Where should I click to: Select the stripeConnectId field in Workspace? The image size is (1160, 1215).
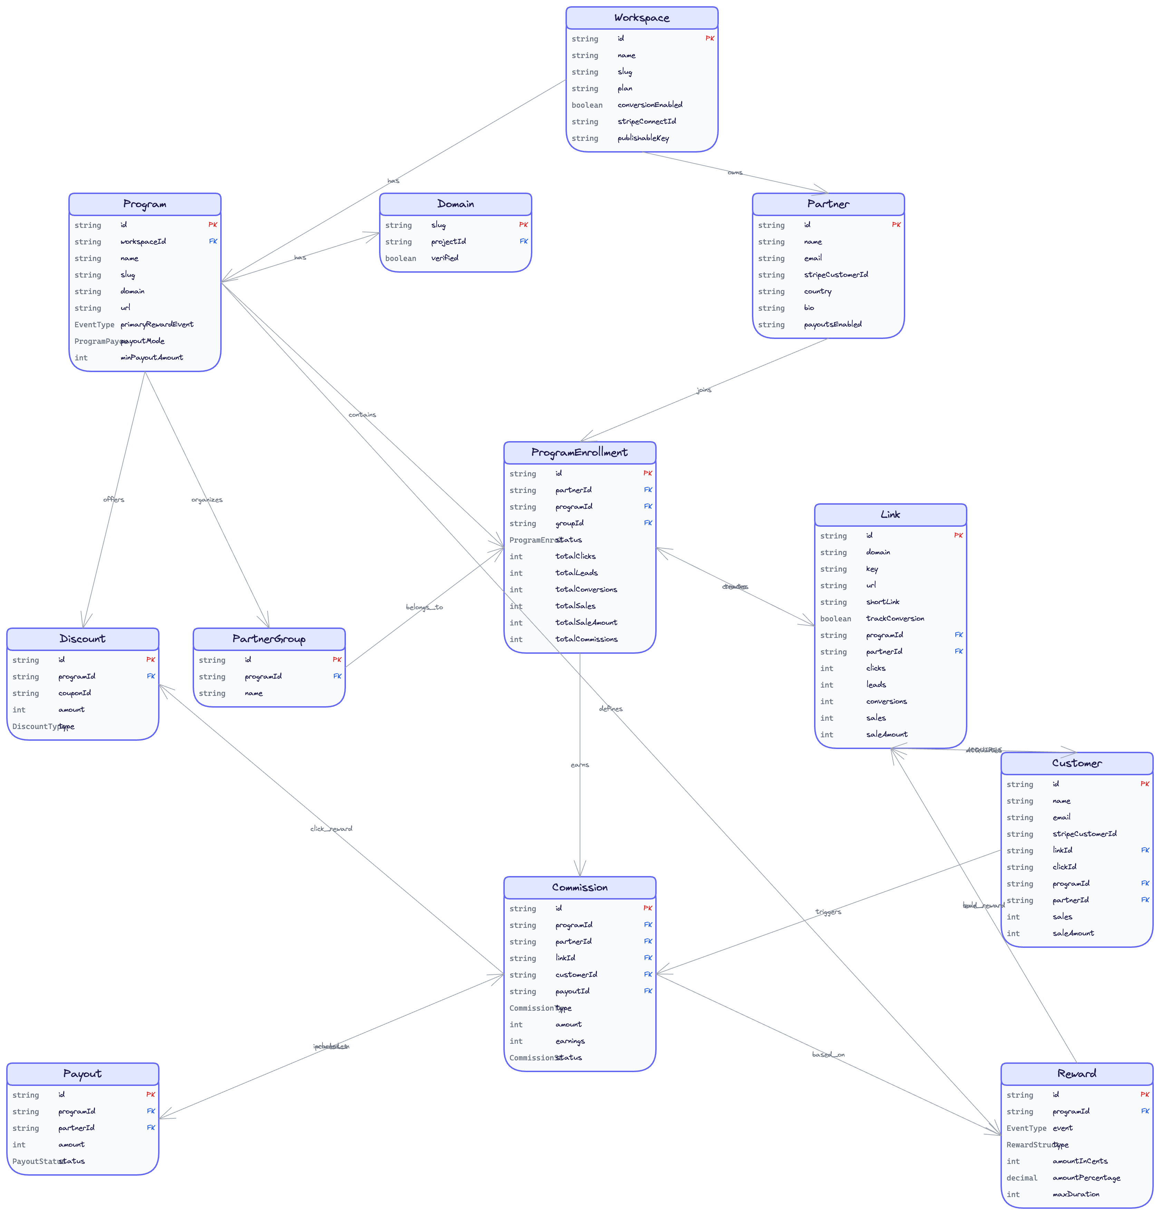click(646, 121)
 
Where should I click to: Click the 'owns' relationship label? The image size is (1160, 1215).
click(735, 173)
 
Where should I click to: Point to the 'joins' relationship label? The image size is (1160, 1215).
click(704, 390)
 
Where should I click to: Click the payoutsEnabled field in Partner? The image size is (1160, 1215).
click(832, 324)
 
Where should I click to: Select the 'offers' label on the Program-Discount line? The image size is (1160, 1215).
click(114, 499)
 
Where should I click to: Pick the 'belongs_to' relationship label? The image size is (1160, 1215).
click(424, 607)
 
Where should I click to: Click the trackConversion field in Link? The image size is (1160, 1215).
click(895, 618)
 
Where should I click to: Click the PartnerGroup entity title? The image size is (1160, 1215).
click(269, 639)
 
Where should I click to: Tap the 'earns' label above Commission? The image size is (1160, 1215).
click(579, 765)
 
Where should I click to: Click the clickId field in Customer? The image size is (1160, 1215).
click(1064, 867)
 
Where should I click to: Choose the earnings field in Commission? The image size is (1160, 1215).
click(570, 1041)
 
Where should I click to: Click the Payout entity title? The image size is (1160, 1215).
click(82, 1074)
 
